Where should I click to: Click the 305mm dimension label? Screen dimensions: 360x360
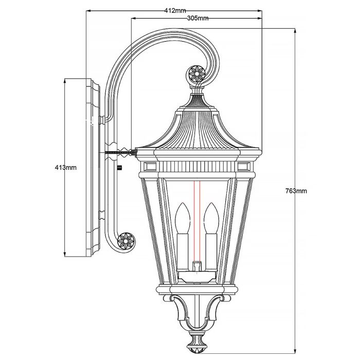coord(198,18)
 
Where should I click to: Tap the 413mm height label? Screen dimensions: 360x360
coord(66,167)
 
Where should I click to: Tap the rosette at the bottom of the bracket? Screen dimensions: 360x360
coord(125,240)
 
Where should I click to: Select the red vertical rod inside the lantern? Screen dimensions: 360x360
coord(195,221)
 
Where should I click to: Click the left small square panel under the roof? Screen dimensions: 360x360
coord(150,166)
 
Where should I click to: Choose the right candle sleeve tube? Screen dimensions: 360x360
coord(210,251)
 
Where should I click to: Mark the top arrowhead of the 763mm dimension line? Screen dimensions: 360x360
coord(295,30)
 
